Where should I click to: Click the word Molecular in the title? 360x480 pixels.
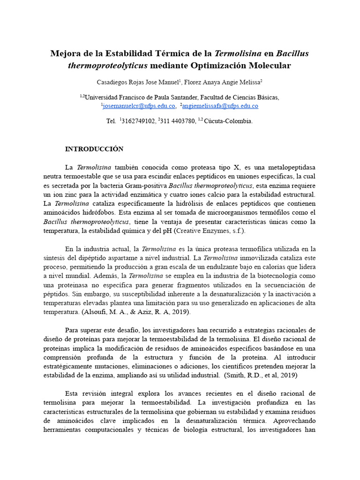click(267, 65)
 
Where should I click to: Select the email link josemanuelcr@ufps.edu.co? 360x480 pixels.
click(139, 106)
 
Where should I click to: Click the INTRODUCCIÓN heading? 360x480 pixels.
click(94, 149)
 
